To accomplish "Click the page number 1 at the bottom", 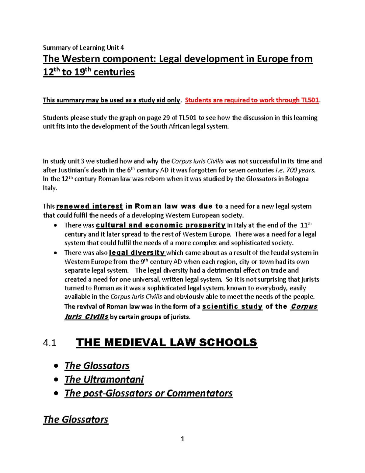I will [182, 439].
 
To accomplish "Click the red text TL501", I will [310, 100].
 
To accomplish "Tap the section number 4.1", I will [50, 343].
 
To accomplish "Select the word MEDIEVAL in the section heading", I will [135, 342].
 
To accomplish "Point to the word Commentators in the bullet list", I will [200, 393].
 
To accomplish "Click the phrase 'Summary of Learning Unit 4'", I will [83, 48].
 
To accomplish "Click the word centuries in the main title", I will [114, 72].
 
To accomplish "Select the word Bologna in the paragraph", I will [297, 179].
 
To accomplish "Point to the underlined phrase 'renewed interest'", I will [90, 206].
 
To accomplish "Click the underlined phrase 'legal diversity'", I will [137, 253].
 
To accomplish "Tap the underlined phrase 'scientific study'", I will [232, 306].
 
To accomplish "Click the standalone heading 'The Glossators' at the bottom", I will [75, 419].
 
